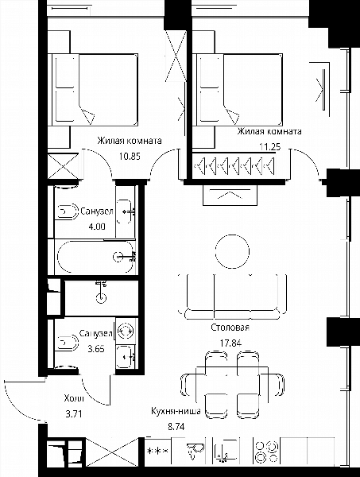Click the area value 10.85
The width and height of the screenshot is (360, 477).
(130, 157)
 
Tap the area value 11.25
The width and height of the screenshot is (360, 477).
(270, 147)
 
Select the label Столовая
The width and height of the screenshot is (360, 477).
(230, 328)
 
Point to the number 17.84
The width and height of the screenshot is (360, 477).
(230, 343)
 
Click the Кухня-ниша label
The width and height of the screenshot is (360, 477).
(176, 411)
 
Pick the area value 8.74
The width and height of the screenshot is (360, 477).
(176, 427)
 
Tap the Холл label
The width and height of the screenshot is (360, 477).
(74, 398)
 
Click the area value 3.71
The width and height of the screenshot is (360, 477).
(74, 413)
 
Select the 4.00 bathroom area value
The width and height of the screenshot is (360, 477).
(97, 227)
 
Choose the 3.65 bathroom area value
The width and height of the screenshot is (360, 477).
(96, 349)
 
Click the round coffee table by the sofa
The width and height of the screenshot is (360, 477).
(232, 251)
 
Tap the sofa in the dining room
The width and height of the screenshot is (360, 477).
(232, 297)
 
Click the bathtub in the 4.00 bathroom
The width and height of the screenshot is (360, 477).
(96, 257)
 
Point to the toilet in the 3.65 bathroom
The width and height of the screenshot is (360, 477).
(67, 343)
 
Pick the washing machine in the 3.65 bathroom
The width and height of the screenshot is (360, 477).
(126, 330)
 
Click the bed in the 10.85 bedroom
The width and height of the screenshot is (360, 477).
(95, 90)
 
